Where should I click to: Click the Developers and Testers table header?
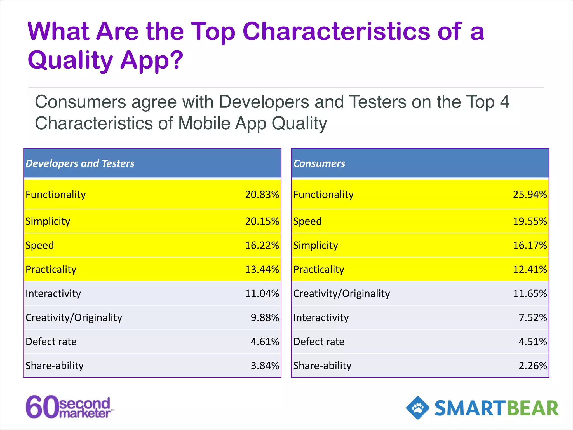point(80,163)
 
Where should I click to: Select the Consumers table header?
point(319,163)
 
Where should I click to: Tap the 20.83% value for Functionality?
point(262,195)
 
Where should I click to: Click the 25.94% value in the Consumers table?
point(530,195)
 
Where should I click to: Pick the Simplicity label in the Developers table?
point(48,221)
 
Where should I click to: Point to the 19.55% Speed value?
point(530,221)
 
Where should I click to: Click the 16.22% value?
point(262,245)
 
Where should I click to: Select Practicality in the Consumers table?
point(319,269)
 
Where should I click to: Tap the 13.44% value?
point(262,269)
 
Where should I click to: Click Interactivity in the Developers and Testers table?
point(53,293)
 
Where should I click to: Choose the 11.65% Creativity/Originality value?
point(530,293)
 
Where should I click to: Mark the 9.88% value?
point(265,317)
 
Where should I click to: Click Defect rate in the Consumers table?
point(319,342)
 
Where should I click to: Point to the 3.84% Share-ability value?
point(265,366)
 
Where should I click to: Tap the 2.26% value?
point(532,366)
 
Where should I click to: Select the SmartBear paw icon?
point(418,408)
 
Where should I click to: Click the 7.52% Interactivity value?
point(532,317)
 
